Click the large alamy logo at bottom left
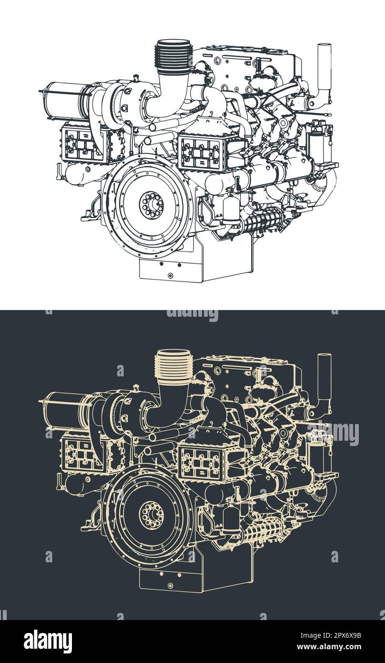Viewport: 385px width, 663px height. tap(48, 642)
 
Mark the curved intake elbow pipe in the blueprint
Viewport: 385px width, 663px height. tap(173, 405)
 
